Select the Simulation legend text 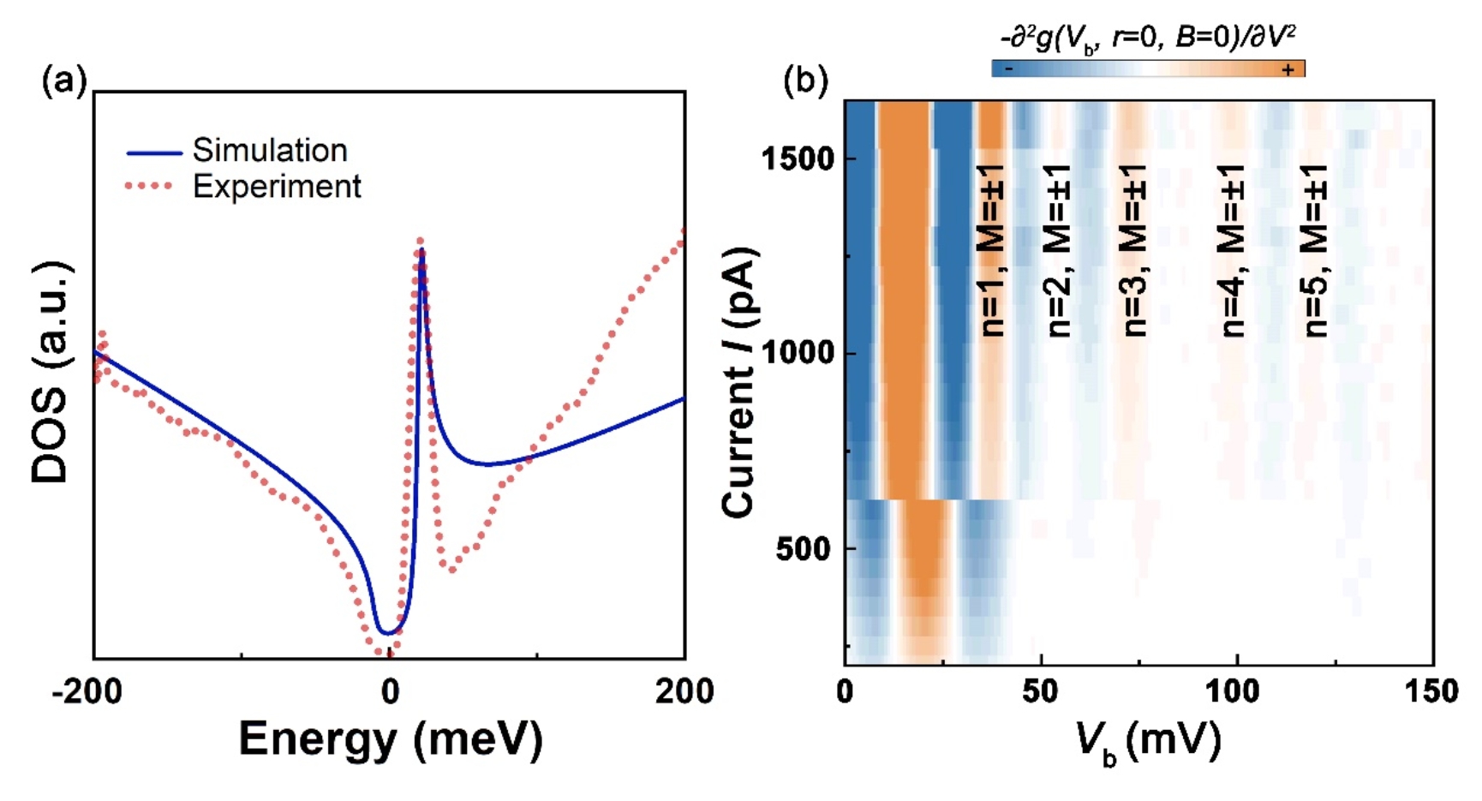[x=270, y=151]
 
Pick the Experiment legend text [x=277, y=187]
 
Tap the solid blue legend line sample [x=154, y=153]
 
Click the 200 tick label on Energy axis [x=684, y=690]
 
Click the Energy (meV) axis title [x=391, y=738]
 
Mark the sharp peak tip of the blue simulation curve [x=421, y=249]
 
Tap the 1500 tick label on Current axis [x=798, y=159]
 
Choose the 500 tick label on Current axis [x=804, y=548]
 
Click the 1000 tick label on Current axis [x=798, y=353]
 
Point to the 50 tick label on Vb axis [x=1040, y=690]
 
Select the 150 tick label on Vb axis [x=1431, y=690]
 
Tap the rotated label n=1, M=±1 [x=991, y=250]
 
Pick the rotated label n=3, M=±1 [x=1134, y=250]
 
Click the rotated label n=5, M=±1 [x=1315, y=250]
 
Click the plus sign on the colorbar [x=1288, y=69]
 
